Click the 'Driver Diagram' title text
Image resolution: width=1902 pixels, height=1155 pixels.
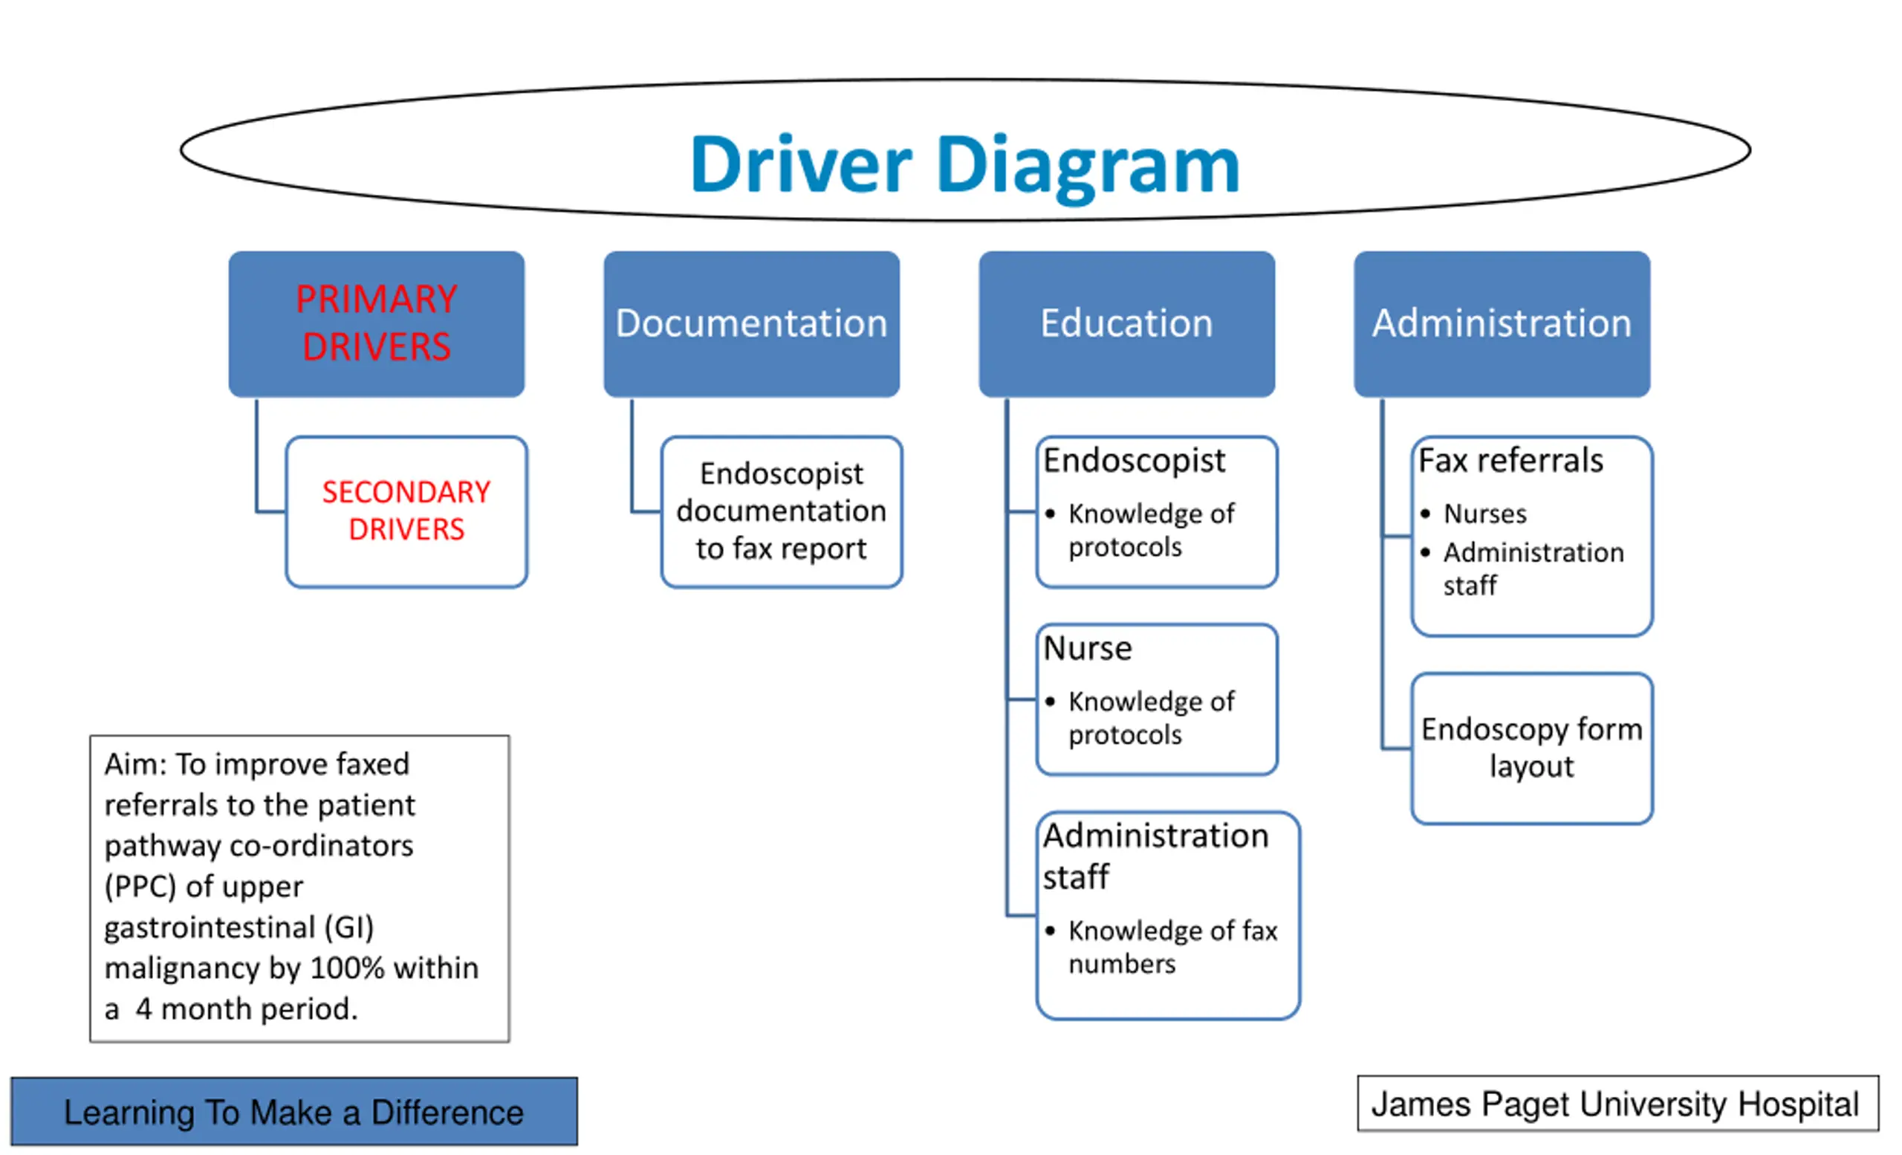965,166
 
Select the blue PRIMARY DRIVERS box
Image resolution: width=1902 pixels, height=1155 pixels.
377,324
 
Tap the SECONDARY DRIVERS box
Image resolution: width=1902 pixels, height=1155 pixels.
407,512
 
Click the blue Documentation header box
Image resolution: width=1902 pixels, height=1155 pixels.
752,324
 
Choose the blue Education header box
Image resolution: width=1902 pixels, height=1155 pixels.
1127,324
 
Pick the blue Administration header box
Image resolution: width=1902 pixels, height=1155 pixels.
1502,324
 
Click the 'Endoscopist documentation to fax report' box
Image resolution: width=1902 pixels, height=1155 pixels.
782,512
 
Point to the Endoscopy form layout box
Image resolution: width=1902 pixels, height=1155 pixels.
1532,749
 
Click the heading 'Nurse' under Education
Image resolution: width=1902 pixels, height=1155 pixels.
1088,649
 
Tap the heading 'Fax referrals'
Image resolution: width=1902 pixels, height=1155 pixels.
1510,461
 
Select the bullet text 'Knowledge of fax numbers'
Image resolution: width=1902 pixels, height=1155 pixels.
1172,948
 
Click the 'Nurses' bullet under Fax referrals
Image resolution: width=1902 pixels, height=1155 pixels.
1485,514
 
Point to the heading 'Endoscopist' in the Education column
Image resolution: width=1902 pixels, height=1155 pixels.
1134,462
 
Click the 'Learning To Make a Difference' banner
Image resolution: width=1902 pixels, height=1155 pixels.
294,1112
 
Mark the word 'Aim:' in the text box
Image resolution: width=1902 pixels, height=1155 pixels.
135,764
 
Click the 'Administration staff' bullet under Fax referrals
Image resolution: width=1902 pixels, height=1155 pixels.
1533,569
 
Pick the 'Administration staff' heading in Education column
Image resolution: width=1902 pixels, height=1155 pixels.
1155,856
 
